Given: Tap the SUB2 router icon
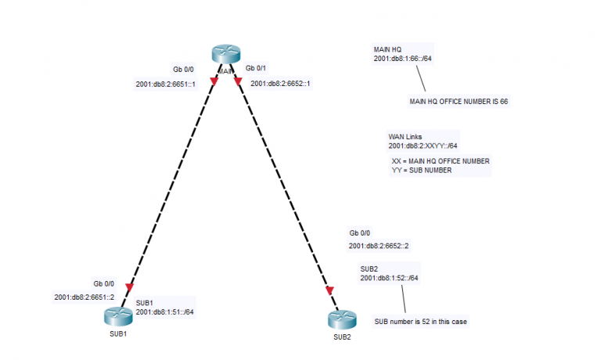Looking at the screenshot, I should click(342, 321).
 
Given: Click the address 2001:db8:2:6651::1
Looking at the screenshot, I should click(165, 84).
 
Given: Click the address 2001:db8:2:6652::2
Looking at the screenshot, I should click(379, 247).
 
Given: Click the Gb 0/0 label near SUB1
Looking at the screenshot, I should click(104, 283).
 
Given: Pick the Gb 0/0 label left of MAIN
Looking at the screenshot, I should click(183, 69).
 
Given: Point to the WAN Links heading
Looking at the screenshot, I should click(405, 136).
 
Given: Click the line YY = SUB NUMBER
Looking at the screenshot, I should click(421, 170).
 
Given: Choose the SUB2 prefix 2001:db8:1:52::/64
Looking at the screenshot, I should click(389, 278).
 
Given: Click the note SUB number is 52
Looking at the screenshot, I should click(421, 322).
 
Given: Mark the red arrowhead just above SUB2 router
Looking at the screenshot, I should click(330, 291).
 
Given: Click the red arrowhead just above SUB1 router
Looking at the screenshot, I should click(130, 286).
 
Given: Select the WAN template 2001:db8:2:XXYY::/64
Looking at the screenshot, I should click(423, 146).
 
